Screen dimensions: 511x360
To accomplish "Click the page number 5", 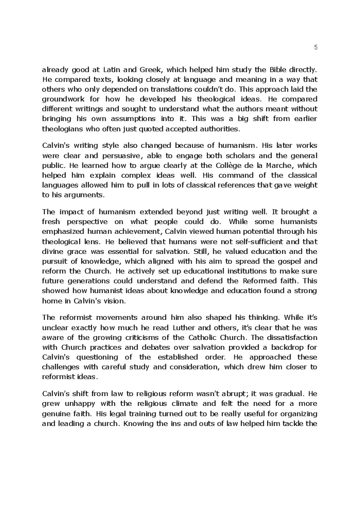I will [315, 47].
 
